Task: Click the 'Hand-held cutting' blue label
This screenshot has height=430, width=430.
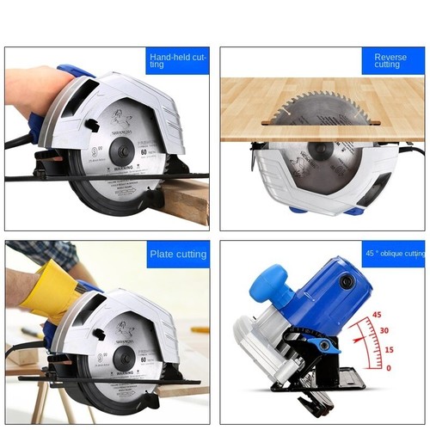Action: click(x=177, y=60)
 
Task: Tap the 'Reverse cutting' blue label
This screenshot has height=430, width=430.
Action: click(x=391, y=60)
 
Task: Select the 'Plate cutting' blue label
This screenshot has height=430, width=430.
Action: click(x=178, y=255)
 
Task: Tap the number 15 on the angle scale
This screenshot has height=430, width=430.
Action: click(x=389, y=349)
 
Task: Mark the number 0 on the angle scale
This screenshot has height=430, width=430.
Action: click(x=388, y=368)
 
